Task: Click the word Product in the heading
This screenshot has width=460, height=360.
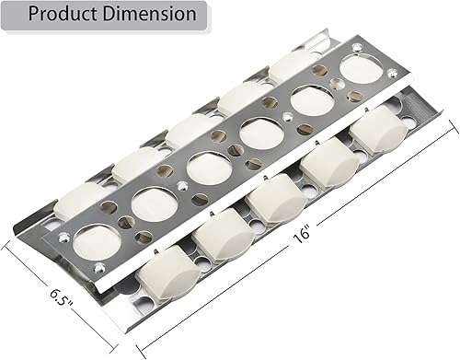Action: pos(63,14)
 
